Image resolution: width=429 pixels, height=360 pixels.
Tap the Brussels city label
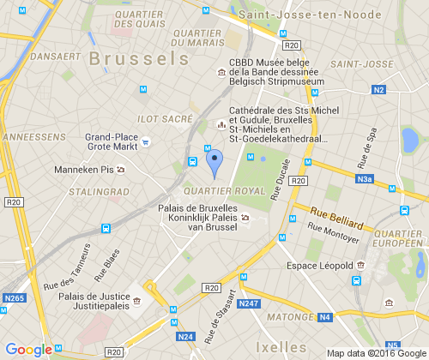point(137,58)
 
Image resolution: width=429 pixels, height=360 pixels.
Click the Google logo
point(29,350)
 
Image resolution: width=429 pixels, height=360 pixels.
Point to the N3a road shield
point(365,179)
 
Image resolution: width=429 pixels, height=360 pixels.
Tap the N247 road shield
point(248,303)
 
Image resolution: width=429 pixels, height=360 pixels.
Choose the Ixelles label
point(281,347)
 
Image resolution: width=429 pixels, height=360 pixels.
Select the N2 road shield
point(379,89)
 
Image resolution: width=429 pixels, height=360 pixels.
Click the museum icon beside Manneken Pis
point(120,170)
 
